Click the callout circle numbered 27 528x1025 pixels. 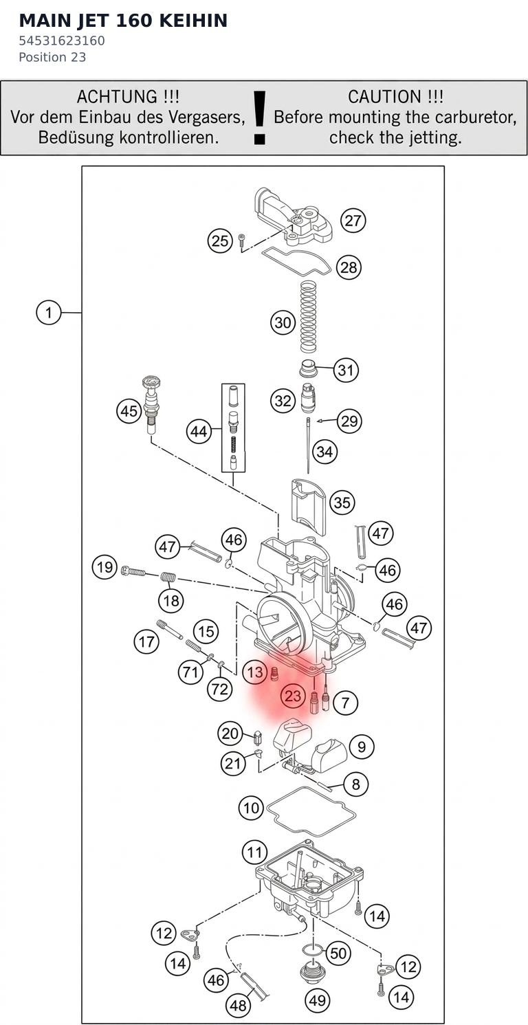[353, 221]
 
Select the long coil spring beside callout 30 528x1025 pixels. [308, 317]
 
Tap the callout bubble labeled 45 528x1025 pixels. [129, 410]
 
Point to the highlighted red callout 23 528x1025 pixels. [293, 696]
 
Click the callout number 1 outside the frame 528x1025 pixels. [49, 313]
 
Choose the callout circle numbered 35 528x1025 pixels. [342, 503]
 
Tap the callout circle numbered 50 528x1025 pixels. [338, 953]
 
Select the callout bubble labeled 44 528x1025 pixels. [199, 431]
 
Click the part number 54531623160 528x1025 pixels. [62, 41]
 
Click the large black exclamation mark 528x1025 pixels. [259, 118]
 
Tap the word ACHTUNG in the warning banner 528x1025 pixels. [117, 96]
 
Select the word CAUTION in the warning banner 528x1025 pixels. [384, 96]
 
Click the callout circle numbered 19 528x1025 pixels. [104, 567]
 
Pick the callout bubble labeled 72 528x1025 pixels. [220, 688]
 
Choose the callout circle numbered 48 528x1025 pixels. [239, 1005]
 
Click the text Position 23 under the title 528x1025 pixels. [52, 57]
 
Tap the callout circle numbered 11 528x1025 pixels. [254, 852]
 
